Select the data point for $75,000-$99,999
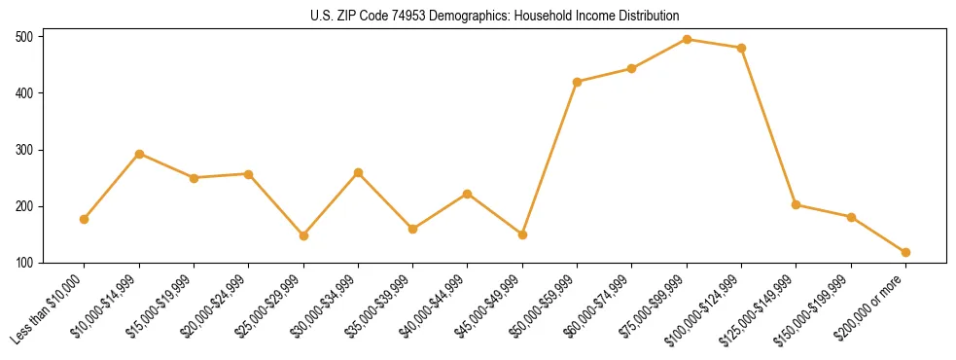tap(687, 40)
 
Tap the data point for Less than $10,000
tap(85, 219)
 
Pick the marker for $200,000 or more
tap(905, 252)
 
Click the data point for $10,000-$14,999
tap(139, 154)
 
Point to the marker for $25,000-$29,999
tap(303, 235)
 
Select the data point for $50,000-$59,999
tap(578, 82)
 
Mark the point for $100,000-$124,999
tap(742, 48)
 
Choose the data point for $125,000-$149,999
tap(797, 204)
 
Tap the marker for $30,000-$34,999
tap(358, 172)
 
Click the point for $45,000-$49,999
tap(522, 234)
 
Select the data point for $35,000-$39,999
tap(413, 229)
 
